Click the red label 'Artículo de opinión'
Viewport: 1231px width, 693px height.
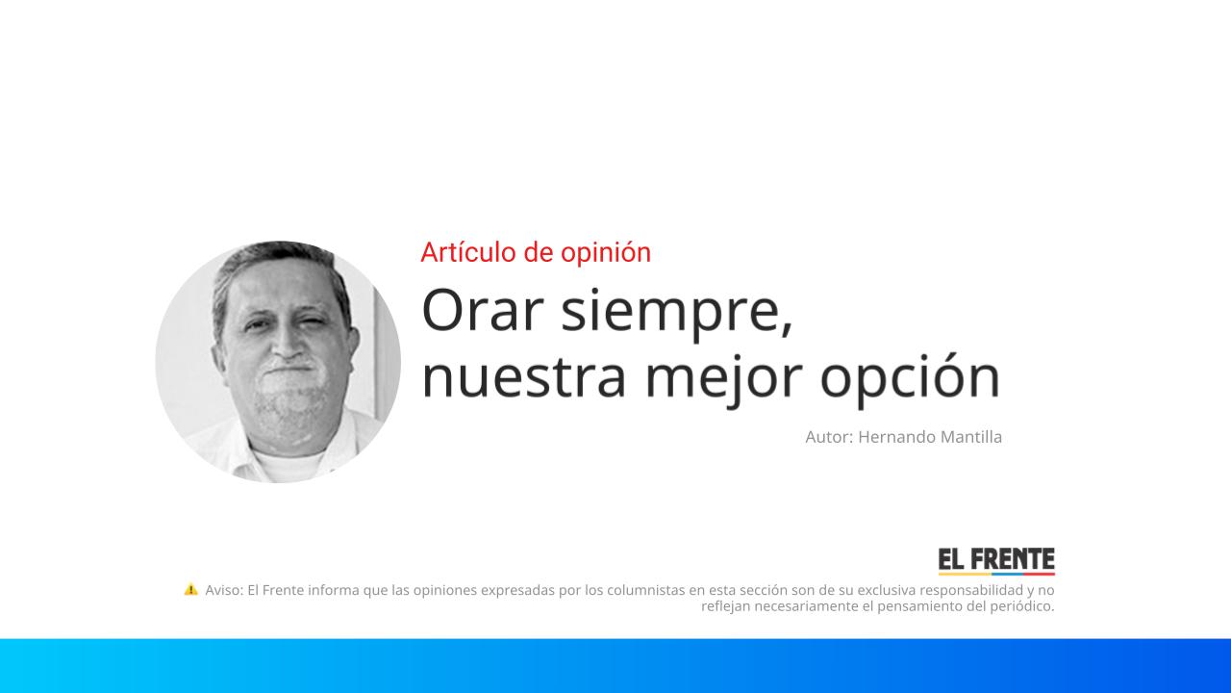click(536, 252)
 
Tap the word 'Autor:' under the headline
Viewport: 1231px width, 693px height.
click(829, 437)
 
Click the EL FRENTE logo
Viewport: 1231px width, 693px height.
click(996, 561)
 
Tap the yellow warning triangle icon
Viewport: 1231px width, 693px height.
click(191, 589)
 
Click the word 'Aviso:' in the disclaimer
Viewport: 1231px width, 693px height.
click(224, 590)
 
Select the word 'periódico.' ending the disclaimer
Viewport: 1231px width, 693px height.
click(1021, 606)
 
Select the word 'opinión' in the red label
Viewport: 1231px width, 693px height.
click(612, 252)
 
